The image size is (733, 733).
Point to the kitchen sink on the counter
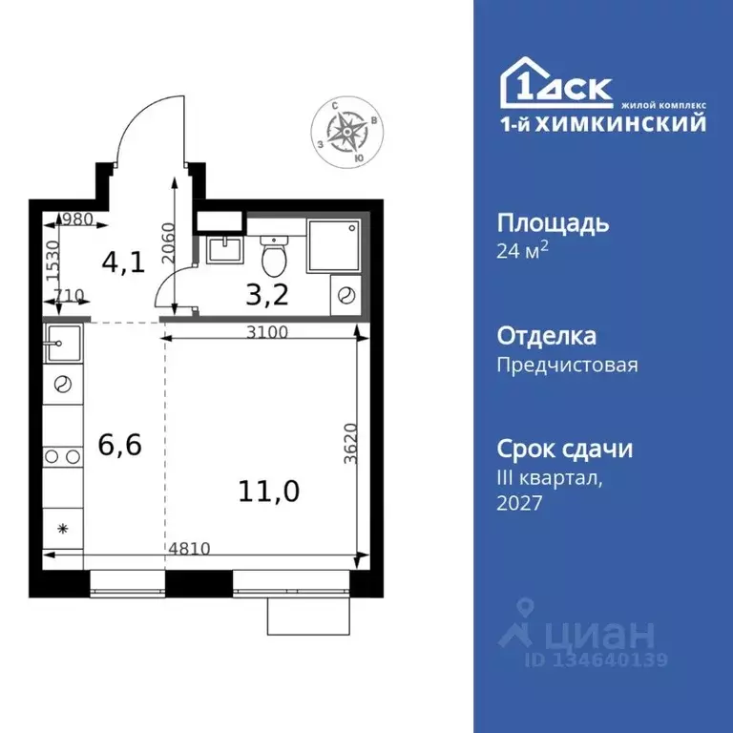[63, 338]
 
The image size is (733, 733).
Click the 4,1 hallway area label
[125, 262]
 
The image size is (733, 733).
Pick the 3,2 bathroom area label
[266, 293]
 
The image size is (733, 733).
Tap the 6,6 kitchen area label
[120, 444]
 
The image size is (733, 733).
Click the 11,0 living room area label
[270, 492]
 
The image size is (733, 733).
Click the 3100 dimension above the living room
[265, 332]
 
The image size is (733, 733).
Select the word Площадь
[553, 223]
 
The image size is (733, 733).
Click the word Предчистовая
[567, 365]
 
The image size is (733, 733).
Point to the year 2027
[519, 503]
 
